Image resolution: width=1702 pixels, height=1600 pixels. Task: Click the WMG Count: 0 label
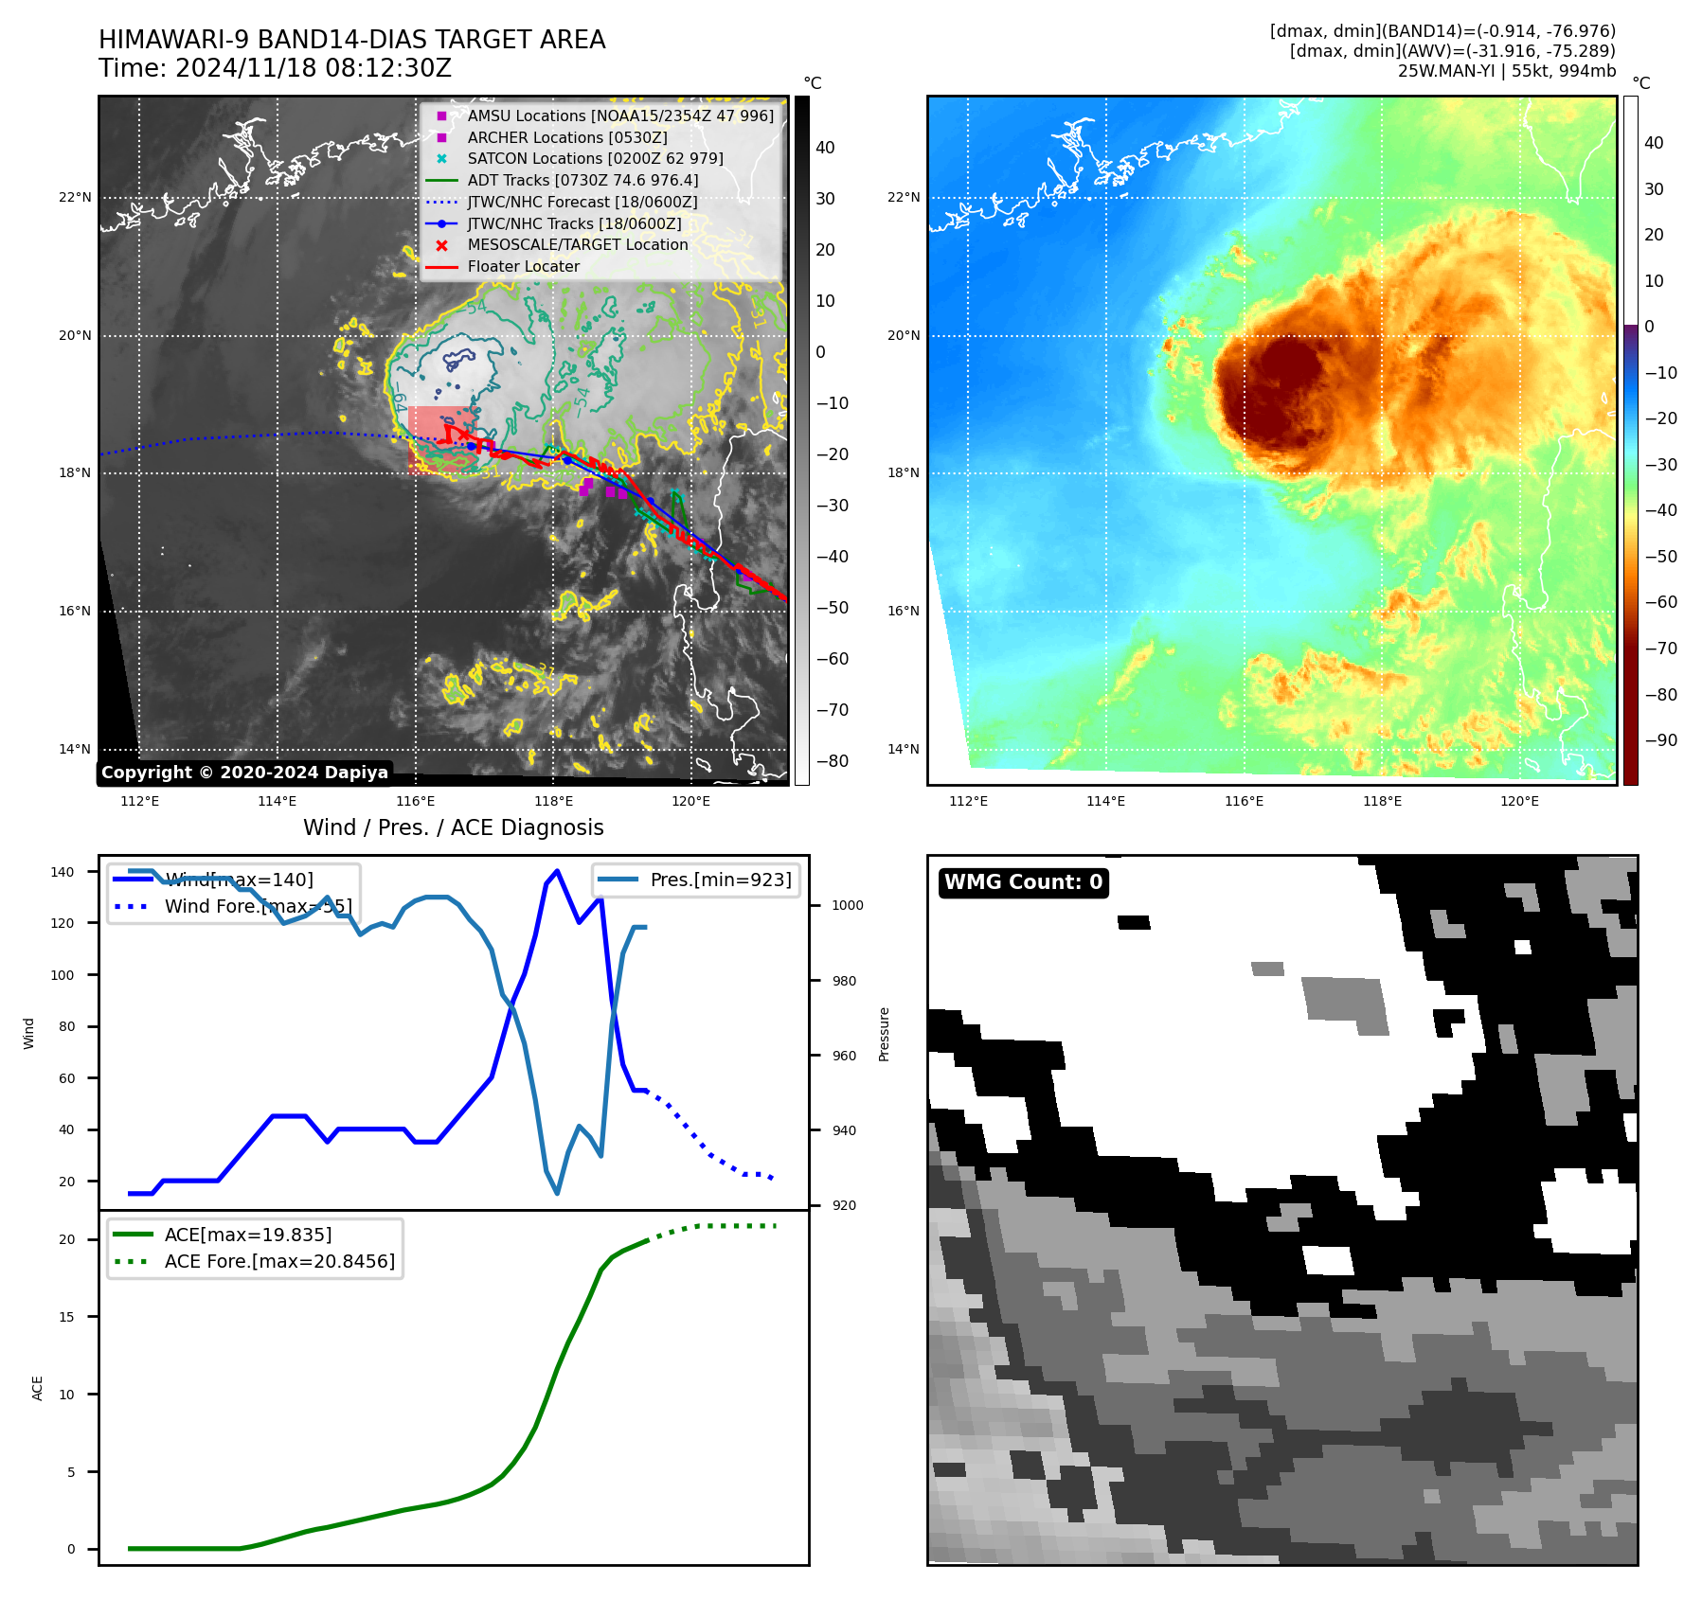pyautogui.click(x=1023, y=882)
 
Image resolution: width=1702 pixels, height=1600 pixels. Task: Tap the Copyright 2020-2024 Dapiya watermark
pyautogui.click(x=244, y=773)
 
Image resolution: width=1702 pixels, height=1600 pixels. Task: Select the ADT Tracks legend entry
pyautogui.click(x=582, y=180)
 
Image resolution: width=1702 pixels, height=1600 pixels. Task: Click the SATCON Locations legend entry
pyautogui.click(x=595, y=158)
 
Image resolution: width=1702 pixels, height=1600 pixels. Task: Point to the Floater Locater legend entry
pyautogui.click(x=523, y=267)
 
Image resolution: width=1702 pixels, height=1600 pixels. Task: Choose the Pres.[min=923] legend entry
pyautogui.click(x=720, y=880)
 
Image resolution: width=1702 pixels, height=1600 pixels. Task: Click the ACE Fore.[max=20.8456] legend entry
pyautogui.click(x=279, y=1261)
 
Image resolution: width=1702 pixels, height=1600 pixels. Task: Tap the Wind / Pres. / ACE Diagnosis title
pyautogui.click(x=453, y=827)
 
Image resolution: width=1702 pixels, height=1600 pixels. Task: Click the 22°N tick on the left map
pyautogui.click(x=75, y=198)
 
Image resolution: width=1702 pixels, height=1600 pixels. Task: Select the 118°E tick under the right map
pyautogui.click(x=1382, y=801)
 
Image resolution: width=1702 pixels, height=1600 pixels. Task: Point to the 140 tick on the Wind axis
pyautogui.click(x=63, y=872)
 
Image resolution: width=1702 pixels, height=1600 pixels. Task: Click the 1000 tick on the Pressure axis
pyautogui.click(x=847, y=905)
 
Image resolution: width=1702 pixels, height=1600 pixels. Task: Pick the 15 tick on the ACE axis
pyautogui.click(x=66, y=1317)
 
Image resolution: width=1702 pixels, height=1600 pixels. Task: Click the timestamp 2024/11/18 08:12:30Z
pyautogui.click(x=313, y=68)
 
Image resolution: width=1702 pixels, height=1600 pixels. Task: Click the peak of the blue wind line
pyautogui.click(x=557, y=870)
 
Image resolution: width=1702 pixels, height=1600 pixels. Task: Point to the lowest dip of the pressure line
pyautogui.click(x=557, y=1193)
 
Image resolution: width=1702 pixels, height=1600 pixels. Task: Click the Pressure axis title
pyautogui.click(x=884, y=1034)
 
